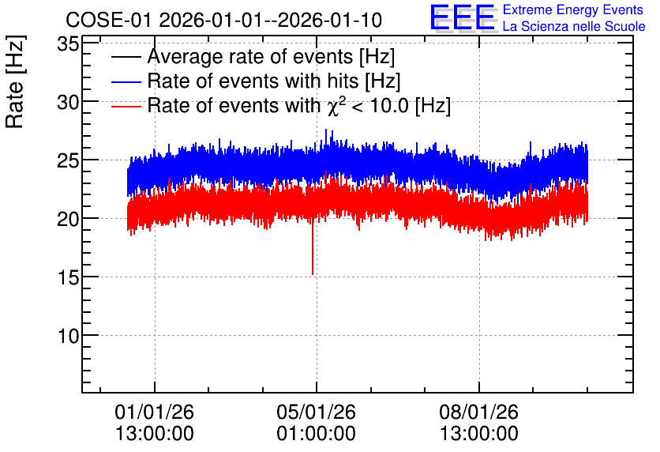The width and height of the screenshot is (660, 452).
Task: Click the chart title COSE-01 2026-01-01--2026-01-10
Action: pos(224,20)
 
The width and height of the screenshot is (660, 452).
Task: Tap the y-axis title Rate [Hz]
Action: pos(15,81)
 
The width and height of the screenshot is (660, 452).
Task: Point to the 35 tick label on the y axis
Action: pos(68,43)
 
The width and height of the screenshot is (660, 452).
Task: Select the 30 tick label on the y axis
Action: pos(68,102)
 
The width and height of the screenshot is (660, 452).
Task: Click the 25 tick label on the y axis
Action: pos(68,160)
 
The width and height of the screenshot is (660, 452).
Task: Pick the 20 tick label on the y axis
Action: pos(68,219)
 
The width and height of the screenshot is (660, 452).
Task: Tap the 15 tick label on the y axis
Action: pos(68,277)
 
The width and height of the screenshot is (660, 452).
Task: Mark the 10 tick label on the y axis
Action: pos(68,336)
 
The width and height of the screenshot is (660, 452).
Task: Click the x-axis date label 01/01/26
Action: pos(155,412)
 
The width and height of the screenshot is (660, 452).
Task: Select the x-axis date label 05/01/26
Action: pos(316,412)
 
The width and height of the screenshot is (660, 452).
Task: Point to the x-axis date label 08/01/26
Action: pos(479,412)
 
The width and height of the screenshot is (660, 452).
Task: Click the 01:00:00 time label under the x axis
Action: pos(316,434)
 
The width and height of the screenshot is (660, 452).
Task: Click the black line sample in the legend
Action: pos(126,57)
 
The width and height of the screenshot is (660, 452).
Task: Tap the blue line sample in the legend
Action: pos(126,81)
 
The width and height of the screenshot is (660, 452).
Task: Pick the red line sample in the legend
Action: pos(126,106)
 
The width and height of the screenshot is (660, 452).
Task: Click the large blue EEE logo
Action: pos(463,18)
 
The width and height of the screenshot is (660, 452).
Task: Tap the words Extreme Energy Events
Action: pos(573,9)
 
